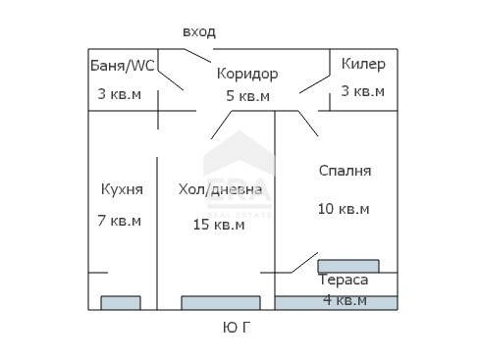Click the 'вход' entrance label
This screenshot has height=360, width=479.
(x=199, y=32)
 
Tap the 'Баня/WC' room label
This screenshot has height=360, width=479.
(x=122, y=66)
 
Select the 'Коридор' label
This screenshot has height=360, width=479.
(x=247, y=74)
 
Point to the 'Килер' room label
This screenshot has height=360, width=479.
(x=363, y=64)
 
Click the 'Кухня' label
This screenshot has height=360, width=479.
(x=122, y=189)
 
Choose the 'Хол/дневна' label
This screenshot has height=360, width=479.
(x=220, y=189)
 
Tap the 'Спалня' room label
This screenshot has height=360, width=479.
(x=345, y=171)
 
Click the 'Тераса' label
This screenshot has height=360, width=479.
(x=344, y=280)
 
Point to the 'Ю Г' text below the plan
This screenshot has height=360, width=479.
(x=237, y=328)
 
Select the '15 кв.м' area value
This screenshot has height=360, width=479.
(x=219, y=225)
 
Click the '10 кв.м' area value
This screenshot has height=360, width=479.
(x=344, y=209)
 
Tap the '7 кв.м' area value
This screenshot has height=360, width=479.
(x=120, y=221)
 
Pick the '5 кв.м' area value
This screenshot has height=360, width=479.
(x=247, y=96)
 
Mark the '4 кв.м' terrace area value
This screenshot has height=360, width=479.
(x=345, y=300)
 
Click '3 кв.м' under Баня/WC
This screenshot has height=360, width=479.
(x=120, y=94)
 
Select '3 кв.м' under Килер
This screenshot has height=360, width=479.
(x=363, y=91)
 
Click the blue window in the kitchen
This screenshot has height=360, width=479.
(x=121, y=303)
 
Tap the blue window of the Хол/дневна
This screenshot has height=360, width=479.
(x=221, y=303)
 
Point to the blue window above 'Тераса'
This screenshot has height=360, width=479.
(x=348, y=266)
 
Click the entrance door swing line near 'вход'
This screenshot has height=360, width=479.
(x=197, y=56)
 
